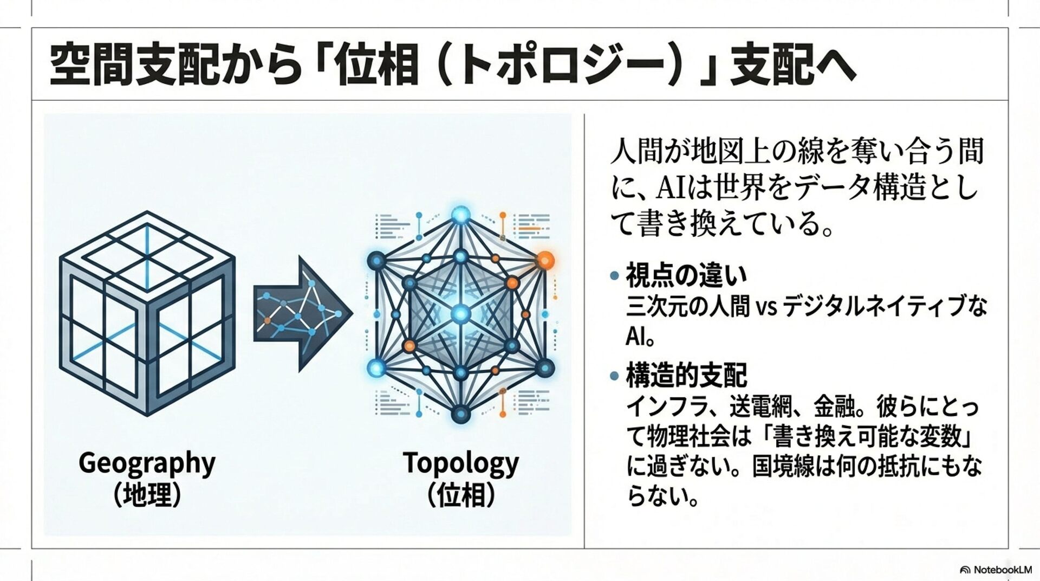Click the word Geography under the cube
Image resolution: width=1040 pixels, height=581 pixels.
coord(147,464)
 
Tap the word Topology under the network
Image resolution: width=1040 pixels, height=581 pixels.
coord(460,464)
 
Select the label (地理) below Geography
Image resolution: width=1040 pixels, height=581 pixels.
coord(147,495)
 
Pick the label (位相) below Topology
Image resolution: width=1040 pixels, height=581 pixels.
coord(460,495)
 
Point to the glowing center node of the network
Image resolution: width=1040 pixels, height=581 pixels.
coord(460,313)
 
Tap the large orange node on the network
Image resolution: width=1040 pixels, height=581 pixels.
coord(545,260)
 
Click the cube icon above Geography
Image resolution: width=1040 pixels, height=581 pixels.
coord(147,313)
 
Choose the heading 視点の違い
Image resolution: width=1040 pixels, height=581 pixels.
coord(686,275)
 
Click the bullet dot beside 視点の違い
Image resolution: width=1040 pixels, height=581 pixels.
coord(614,276)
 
